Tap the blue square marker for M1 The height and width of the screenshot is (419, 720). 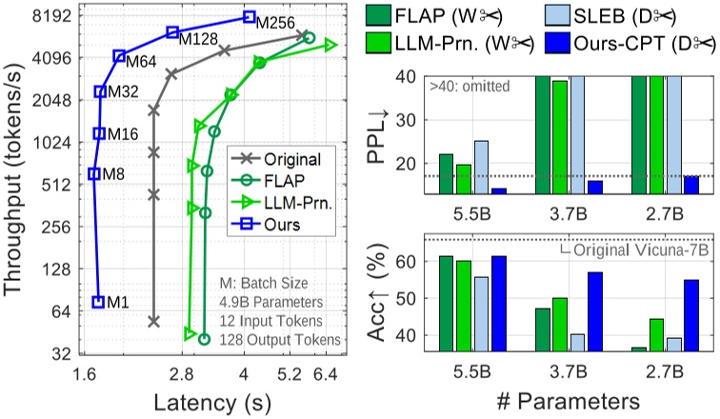tap(98, 302)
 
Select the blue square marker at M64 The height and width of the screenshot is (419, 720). tap(120, 56)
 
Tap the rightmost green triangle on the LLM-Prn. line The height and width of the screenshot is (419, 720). tap(330, 44)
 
